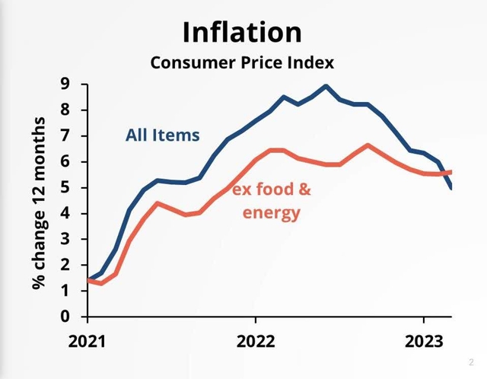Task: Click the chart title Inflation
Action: [242, 32]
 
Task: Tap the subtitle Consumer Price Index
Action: [242, 62]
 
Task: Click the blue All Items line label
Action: [162, 135]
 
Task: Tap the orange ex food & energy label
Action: [271, 201]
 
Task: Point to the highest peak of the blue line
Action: [326, 85]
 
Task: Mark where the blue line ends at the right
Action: [451, 188]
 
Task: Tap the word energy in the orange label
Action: [271, 212]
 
